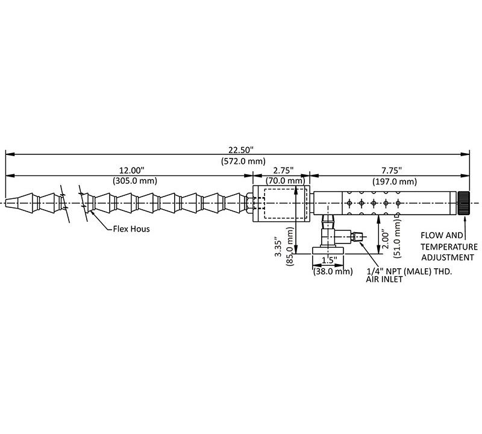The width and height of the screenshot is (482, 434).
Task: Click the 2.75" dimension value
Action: coord(281,171)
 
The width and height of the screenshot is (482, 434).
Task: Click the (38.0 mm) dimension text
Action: coord(332,272)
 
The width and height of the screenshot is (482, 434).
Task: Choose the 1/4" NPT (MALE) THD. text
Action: coord(409,271)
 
